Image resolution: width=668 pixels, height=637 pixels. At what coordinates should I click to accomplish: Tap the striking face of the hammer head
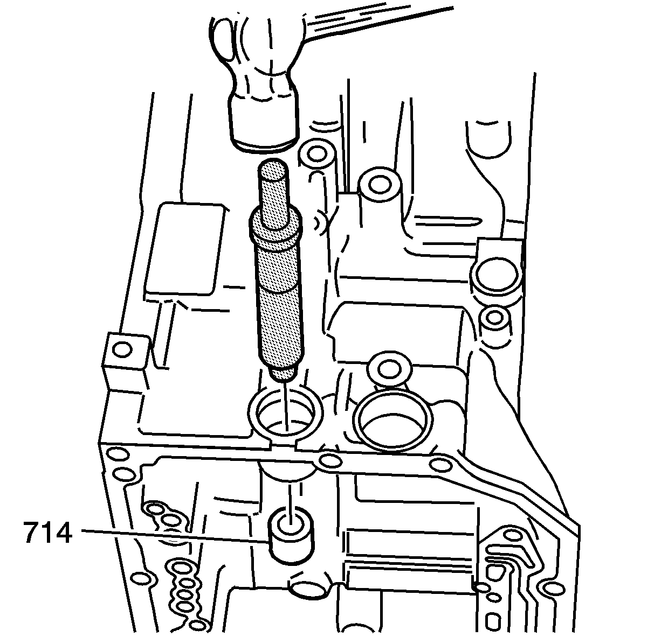click(x=264, y=143)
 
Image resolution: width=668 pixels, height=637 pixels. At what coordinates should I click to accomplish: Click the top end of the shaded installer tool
click(x=273, y=168)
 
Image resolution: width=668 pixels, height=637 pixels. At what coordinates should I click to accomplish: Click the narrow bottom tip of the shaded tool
click(x=284, y=375)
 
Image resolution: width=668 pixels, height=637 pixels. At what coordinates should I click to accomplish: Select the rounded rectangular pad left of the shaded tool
click(x=185, y=249)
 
